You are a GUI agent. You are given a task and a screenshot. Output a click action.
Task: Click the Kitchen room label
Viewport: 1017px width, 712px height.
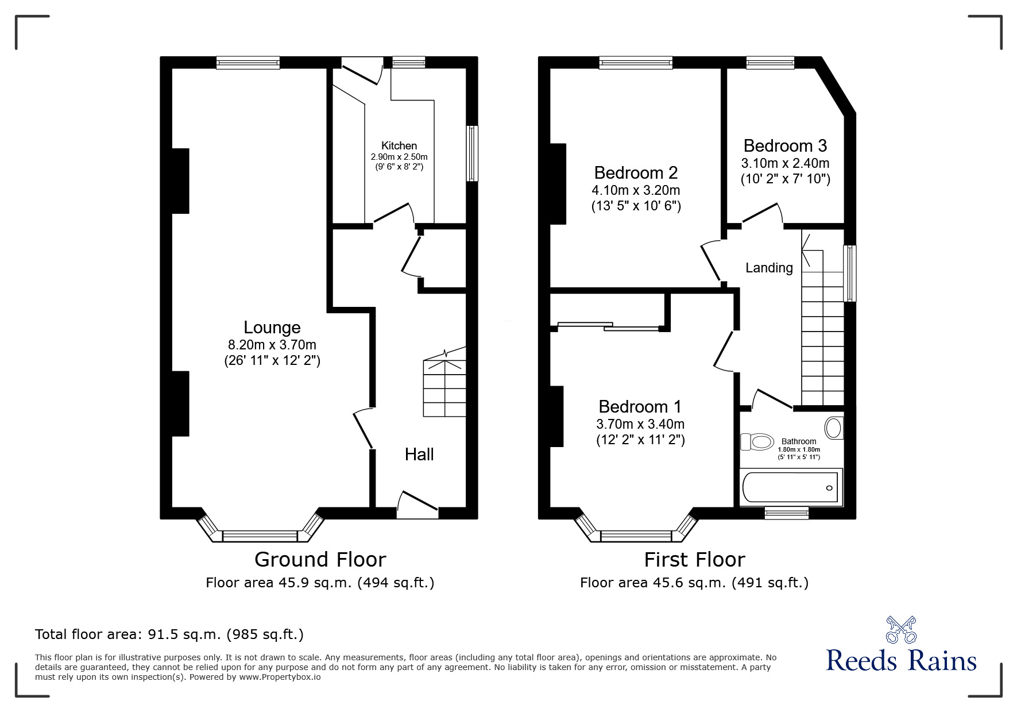point(399,146)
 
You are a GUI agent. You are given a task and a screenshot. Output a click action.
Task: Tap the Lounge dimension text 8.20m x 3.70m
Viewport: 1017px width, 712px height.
point(272,345)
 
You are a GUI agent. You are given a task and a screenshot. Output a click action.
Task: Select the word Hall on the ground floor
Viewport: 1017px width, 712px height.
point(419,455)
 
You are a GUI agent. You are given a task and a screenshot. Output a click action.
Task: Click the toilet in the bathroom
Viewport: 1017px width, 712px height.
point(757,442)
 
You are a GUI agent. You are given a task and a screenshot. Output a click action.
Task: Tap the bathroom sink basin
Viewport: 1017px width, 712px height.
point(833,428)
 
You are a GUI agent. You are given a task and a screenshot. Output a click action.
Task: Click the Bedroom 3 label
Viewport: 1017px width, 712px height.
point(784,145)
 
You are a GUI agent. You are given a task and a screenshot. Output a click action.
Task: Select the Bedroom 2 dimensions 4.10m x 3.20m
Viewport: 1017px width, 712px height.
point(636,190)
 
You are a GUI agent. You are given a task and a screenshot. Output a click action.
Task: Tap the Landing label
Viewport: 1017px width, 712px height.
point(768,268)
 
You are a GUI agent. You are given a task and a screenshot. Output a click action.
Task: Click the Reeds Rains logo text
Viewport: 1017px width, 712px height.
point(901,661)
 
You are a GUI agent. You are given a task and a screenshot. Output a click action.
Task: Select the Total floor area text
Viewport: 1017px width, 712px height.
point(169,634)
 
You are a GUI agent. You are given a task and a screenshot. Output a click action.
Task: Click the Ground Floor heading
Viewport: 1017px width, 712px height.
point(320,559)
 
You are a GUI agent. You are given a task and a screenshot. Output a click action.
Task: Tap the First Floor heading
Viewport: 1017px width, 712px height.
point(694,559)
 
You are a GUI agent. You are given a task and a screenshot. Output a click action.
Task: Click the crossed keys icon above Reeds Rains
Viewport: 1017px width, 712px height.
point(901,630)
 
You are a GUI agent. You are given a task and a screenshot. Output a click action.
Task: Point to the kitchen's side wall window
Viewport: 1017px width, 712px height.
point(472,153)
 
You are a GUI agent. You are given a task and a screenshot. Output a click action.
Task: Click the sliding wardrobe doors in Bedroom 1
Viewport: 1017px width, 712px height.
point(609,326)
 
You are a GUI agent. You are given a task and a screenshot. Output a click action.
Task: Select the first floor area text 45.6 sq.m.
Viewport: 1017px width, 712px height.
point(694,583)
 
